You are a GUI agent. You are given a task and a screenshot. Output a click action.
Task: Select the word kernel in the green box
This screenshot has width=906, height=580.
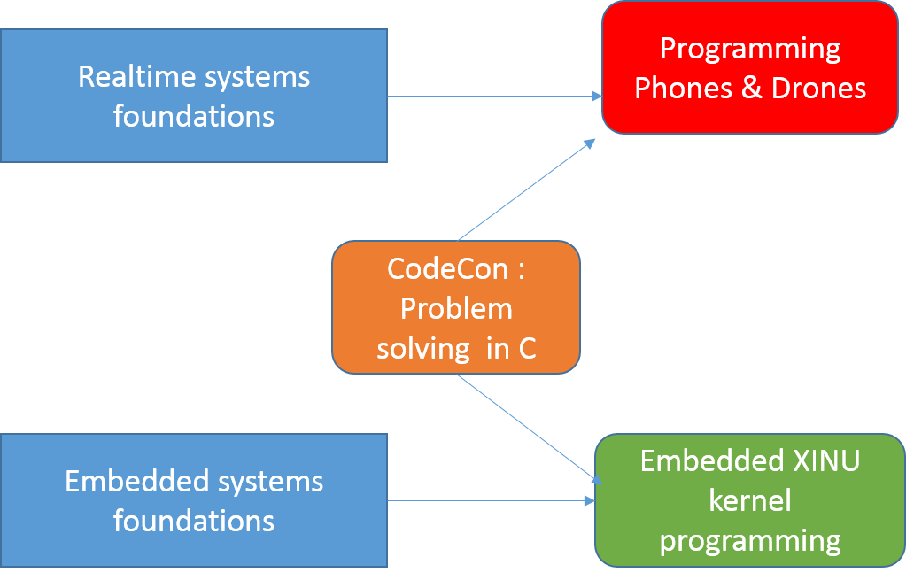tap(749, 500)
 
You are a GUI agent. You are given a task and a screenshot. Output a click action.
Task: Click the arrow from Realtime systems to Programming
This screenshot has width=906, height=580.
tap(492, 96)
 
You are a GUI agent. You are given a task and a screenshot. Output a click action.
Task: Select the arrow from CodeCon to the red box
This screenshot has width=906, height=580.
tap(527, 189)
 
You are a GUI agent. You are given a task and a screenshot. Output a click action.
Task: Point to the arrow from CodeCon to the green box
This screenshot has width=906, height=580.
tap(527, 428)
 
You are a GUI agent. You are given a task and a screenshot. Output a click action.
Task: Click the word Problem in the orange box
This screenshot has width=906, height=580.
tap(456, 309)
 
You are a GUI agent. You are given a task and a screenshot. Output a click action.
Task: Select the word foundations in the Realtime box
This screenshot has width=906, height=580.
tap(194, 116)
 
